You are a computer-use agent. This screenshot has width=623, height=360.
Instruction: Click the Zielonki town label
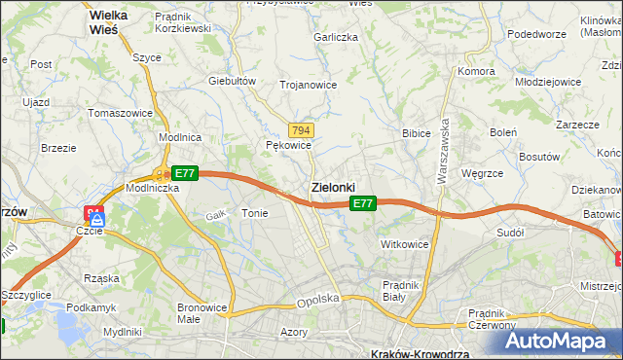tap(332, 186)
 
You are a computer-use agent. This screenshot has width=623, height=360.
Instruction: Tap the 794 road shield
tap(301, 130)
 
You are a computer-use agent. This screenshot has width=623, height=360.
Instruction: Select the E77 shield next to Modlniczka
tap(187, 173)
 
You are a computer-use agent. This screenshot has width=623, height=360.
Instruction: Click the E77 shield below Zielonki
tap(362, 203)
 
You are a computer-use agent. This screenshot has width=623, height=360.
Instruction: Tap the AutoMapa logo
tap(561, 341)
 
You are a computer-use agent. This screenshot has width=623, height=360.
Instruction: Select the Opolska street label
tap(318, 301)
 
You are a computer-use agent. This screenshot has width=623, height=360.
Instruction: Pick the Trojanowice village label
tap(308, 85)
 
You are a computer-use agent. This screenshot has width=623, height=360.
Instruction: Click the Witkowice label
tap(405, 244)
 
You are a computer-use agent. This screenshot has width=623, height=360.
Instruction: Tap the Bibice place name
tap(417, 132)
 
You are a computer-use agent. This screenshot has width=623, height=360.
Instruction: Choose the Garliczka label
tap(336, 37)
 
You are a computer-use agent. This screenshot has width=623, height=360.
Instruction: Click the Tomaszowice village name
tap(120, 113)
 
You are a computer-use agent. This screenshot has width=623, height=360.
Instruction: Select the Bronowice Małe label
tap(202, 313)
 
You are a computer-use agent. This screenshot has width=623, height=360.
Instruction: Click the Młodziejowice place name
tap(548, 83)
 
